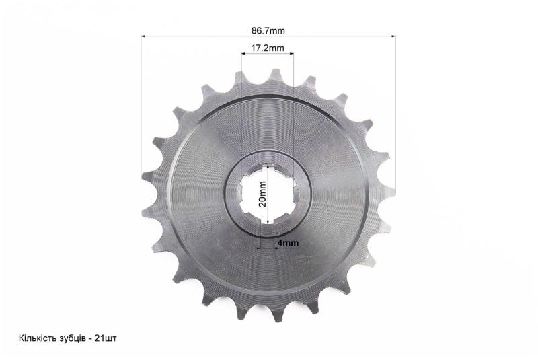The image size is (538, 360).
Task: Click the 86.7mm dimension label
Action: coord(268,30)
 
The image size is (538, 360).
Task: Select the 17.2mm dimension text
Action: coord(267,48)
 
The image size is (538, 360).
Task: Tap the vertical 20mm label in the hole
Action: coord(262,194)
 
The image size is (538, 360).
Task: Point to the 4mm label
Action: coord(288,243)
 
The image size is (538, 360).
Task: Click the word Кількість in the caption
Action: coord(36,338)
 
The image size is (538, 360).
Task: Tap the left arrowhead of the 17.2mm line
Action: coord(243,54)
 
